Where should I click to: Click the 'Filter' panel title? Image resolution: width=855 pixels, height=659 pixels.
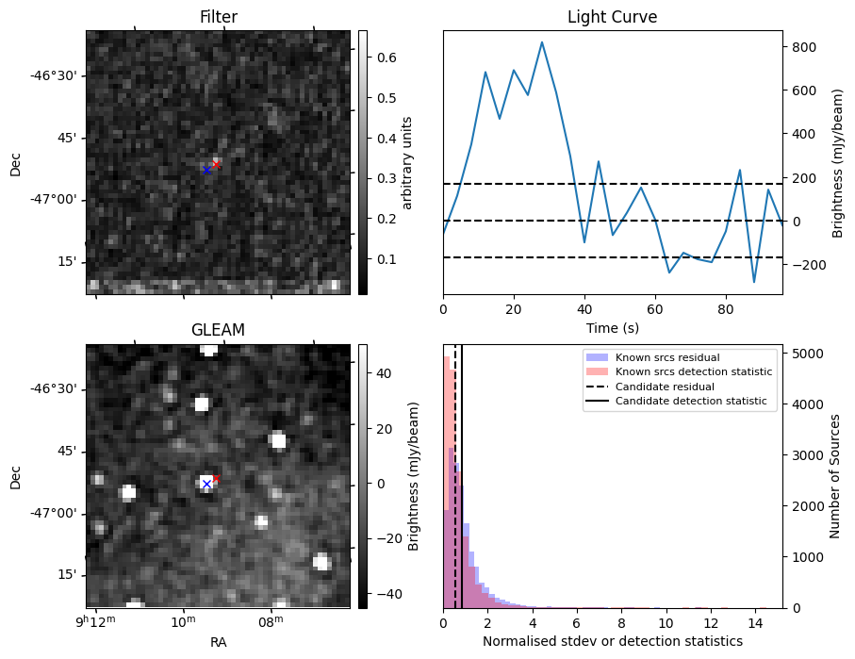[x=218, y=17]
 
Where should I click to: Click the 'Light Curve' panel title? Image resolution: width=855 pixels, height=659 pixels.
[x=612, y=17]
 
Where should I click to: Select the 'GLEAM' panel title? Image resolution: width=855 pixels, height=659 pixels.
[x=218, y=330]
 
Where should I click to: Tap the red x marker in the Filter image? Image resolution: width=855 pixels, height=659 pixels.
[x=216, y=164]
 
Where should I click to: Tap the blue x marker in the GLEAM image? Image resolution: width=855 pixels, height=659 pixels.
[x=207, y=485]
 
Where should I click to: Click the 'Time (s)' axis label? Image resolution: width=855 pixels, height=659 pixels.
[x=612, y=327]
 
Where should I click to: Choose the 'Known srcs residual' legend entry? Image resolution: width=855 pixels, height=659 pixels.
[x=666, y=357]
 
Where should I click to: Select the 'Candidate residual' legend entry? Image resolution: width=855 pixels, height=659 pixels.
[x=666, y=387]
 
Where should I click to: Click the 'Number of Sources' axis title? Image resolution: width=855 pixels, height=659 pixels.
[x=835, y=476]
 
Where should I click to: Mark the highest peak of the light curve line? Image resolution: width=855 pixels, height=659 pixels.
[x=542, y=41]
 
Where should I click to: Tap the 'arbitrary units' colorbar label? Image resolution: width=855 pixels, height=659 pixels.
[x=408, y=162]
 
